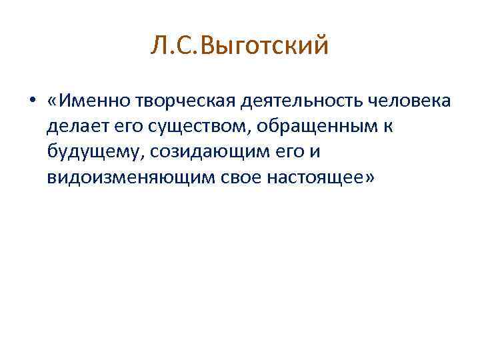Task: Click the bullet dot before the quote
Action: (x=31, y=102)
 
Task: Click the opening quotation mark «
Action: (x=53, y=101)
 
